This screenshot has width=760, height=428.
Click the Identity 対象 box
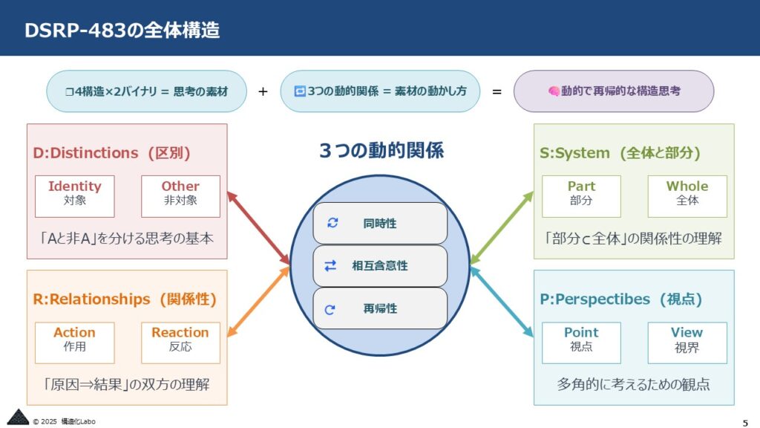(75, 196)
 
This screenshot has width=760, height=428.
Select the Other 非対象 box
(180, 196)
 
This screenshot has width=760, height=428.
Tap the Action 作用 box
(75, 343)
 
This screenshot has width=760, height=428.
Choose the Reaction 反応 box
(180, 343)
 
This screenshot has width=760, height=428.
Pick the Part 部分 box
(581, 196)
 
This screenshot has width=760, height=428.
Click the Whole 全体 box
(687, 196)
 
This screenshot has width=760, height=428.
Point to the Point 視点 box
(581, 343)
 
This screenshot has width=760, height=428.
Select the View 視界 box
(687, 343)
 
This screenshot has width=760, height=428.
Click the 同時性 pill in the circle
(380, 223)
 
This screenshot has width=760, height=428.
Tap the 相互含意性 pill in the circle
(380, 266)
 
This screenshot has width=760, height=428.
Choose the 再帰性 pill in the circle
(380, 308)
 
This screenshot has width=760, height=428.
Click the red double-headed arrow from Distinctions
(258, 228)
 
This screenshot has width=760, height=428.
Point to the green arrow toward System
(502, 228)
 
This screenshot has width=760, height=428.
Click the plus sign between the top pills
(263, 91)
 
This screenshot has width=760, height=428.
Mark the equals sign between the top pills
(497, 91)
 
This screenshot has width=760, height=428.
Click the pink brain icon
(554, 91)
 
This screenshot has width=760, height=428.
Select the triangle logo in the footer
(19, 418)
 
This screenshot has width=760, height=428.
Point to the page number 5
(745, 423)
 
